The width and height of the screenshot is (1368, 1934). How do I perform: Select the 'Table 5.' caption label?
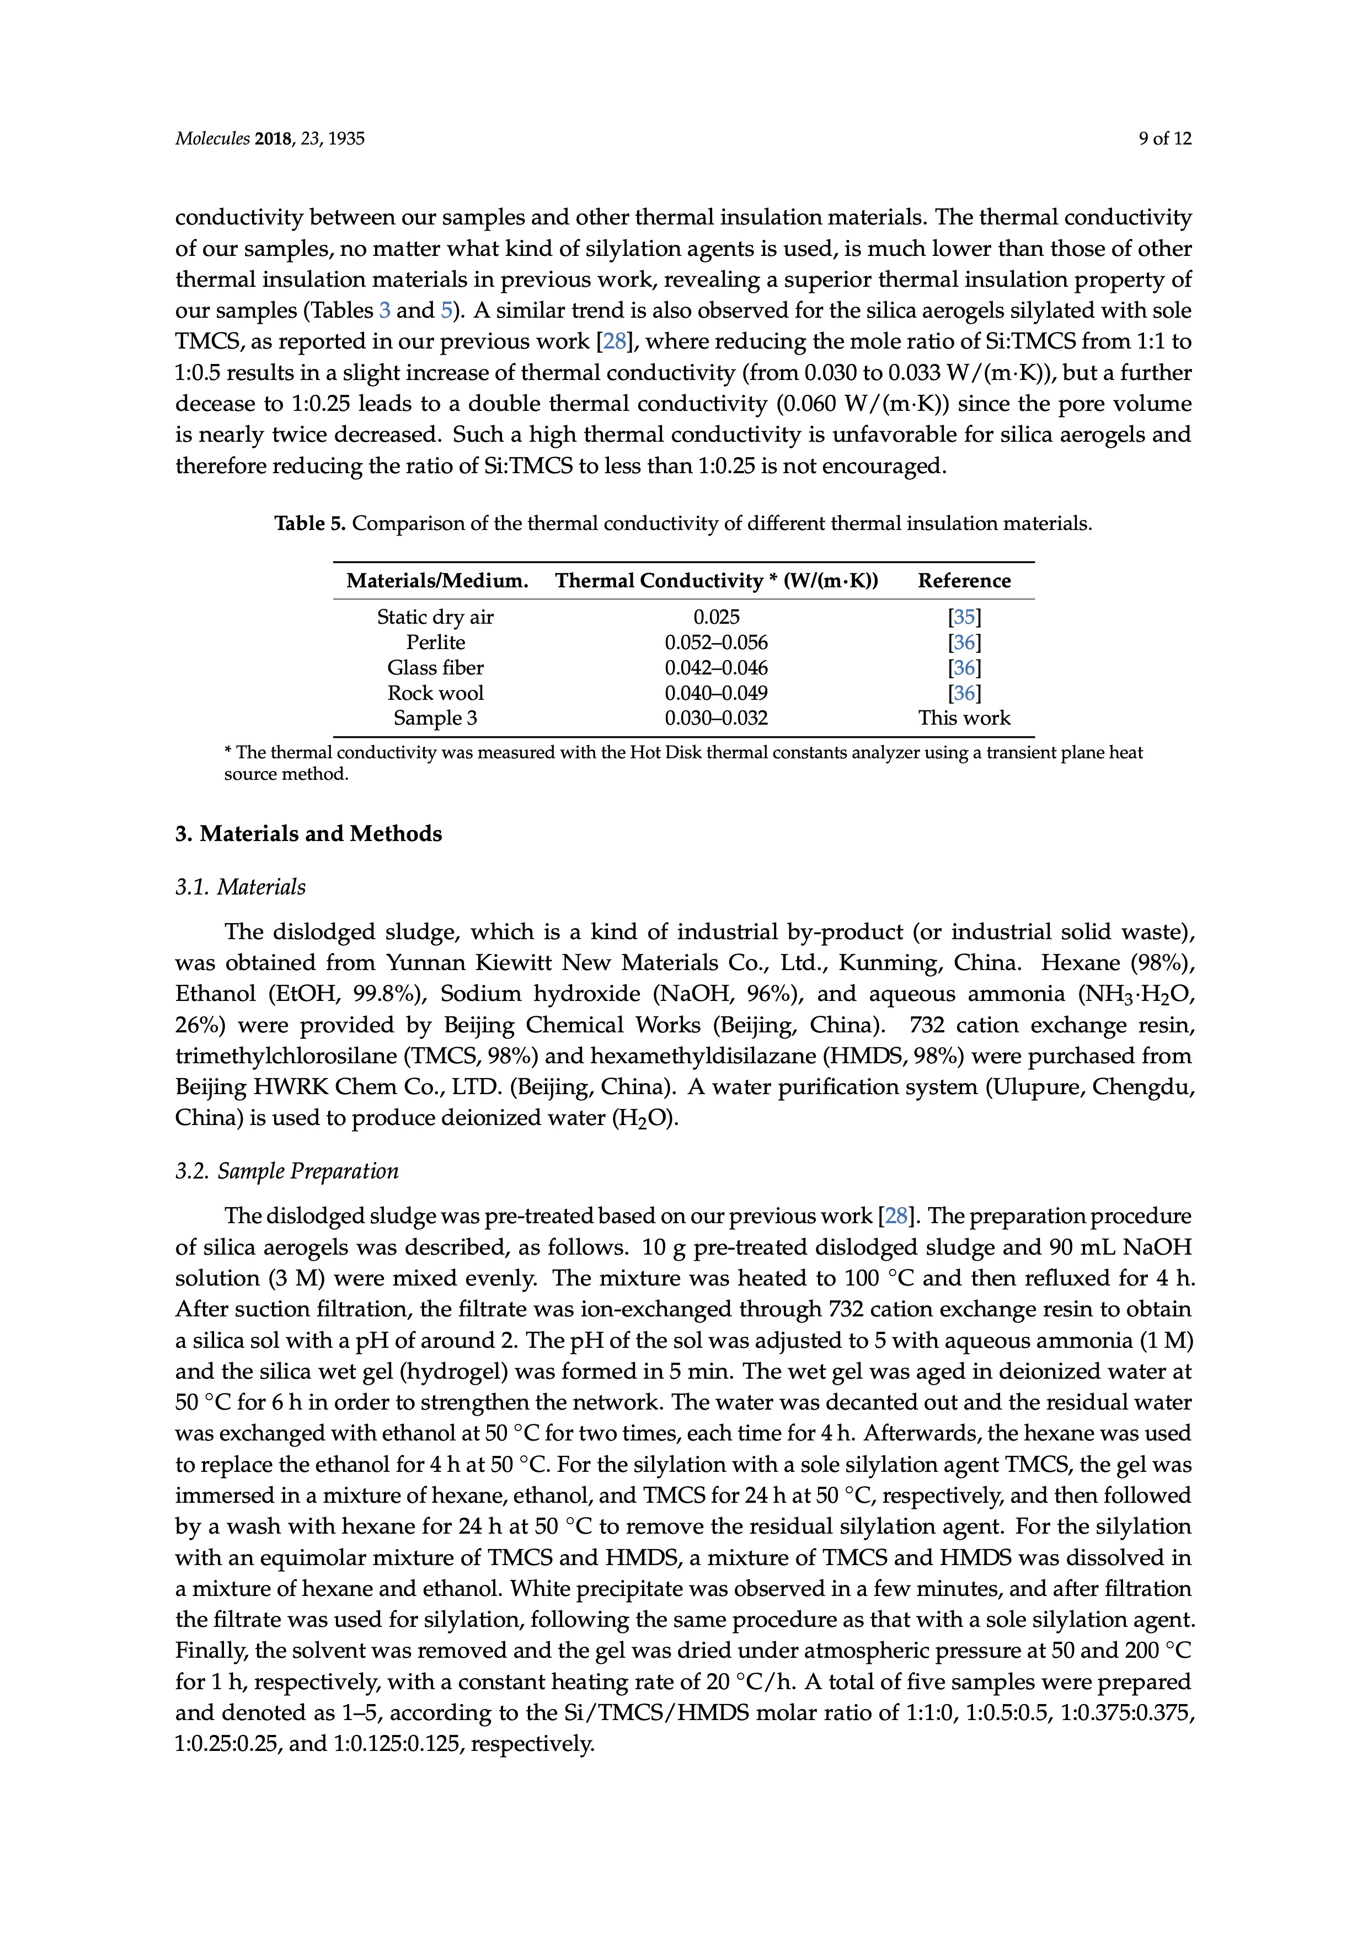click(310, 524)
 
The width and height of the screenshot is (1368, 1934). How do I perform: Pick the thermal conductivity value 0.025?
click(716, 618)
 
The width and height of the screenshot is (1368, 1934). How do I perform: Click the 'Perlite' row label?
click(436, 642)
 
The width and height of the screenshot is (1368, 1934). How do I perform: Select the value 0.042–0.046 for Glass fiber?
click(716, 668)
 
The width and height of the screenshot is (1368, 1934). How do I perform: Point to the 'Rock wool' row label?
click(436, 693)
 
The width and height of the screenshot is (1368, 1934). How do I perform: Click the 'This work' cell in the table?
click(964, 719)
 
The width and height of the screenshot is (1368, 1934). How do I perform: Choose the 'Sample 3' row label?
click(436, 719)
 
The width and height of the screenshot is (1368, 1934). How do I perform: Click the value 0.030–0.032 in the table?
click(716, 719)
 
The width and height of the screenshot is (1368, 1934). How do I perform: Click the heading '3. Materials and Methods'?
click(308, 834)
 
